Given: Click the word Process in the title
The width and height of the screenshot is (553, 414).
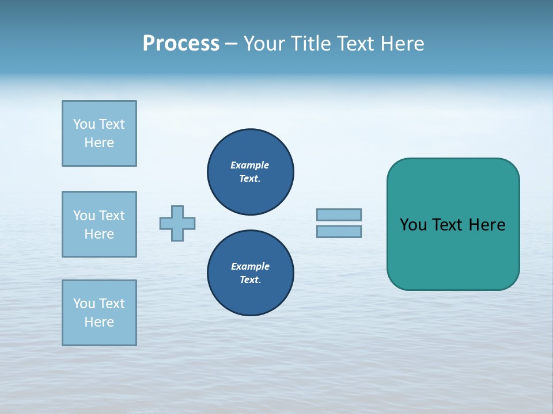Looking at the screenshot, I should point(181,44).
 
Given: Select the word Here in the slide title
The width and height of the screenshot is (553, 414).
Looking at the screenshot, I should point(403,44).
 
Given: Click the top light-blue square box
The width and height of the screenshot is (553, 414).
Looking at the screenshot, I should point(99,133).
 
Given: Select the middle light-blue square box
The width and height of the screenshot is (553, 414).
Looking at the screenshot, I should point(99,224).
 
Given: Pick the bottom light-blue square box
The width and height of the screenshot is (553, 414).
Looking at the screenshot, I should point(99,313).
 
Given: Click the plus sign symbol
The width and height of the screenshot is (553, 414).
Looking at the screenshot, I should point(177,223).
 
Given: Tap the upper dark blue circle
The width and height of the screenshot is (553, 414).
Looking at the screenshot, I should point(251,172).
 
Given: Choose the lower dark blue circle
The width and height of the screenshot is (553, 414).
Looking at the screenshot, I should point(251,273).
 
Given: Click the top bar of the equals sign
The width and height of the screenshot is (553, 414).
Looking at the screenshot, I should point(339,214).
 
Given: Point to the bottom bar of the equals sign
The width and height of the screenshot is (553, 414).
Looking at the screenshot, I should point(339,231).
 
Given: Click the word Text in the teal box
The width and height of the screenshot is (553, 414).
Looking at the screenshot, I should point(448,225).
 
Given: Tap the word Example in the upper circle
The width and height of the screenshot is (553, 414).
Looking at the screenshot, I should point(249,165).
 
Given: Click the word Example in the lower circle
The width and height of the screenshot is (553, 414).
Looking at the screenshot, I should point(250,266).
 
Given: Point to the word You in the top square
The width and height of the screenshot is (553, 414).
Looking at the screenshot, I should point(84,124).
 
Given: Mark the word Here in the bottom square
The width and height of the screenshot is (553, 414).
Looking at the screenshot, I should point(99,322).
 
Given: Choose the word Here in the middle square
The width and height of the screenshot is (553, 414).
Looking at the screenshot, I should point(99,234).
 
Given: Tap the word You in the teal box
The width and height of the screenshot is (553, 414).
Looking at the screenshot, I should point(412,225).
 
